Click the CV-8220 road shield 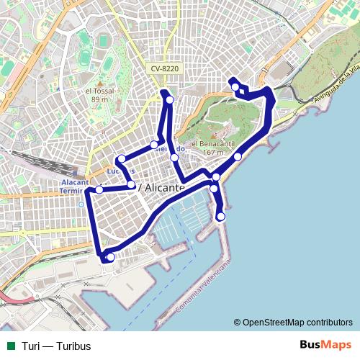click(x=165, y=68)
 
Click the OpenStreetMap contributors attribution click(x=292, y=322)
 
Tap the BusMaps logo click(x=320, y=345)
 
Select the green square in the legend click(x=10, y=346)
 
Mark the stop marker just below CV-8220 click(x=170, y=99)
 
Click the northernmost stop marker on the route click(x=235, y=87)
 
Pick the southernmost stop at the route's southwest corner click(x=110, y=256)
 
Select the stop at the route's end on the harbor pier click(x=220, y=216)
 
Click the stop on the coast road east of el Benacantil click(x=238, y=156)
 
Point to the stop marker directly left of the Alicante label click(x=131, y=185)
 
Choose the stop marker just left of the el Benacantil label click(x=174, y=157)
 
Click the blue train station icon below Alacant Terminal click(x=81, y=204)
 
